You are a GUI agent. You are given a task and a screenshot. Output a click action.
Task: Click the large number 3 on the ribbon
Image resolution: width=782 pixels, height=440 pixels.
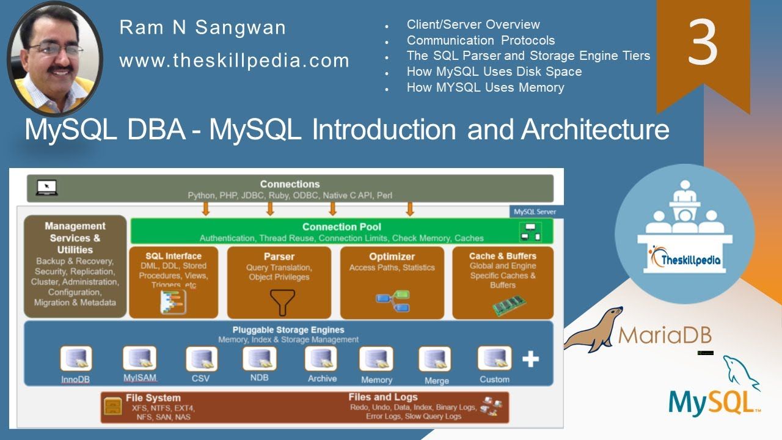(x=703, y=42)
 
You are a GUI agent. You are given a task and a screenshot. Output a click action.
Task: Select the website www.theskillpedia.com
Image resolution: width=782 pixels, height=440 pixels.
(x=234, y=61)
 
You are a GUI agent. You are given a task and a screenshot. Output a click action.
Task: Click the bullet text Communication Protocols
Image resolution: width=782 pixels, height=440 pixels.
(x=481, y=40)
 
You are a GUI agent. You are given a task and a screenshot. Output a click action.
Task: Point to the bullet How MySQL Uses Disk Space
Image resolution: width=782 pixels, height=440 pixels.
(x=494, y=71)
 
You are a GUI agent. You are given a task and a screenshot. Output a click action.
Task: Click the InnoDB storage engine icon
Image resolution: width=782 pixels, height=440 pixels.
(x=76, y=359)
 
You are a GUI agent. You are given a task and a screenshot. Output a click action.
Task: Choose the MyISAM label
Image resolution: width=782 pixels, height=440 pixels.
(x=139, y=378)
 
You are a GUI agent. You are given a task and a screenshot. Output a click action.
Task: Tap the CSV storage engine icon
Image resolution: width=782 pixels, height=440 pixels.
(x=201, y=359)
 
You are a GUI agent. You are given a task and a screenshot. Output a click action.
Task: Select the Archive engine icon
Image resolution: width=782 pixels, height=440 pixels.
(x=321, y=359)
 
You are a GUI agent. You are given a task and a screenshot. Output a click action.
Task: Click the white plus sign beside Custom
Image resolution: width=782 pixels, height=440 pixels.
(x=530, y=359)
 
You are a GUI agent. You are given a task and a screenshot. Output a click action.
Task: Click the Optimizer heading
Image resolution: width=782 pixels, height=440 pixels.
(x=392, y=257)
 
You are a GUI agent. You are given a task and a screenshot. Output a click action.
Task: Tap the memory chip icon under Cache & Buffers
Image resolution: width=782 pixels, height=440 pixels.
(x=508, y=305)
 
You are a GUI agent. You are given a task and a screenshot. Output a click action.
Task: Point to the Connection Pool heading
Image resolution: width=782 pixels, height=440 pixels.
(x=342, y=227)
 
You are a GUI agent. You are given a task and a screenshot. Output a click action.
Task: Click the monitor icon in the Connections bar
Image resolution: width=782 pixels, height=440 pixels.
(x=46, y=188)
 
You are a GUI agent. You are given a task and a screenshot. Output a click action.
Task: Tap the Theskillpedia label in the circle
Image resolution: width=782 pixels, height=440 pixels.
(x=684, y=260)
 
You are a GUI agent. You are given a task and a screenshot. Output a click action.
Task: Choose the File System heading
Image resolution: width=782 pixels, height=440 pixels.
(x=153, y=398)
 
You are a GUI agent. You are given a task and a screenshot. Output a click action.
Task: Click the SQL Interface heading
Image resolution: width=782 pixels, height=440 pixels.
(x=174, y=256)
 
